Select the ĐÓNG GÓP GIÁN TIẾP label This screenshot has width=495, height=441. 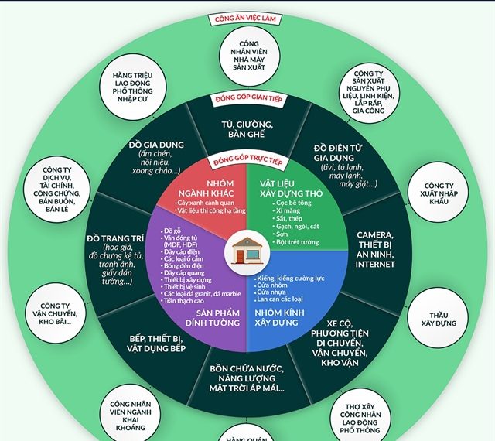coord(247,100)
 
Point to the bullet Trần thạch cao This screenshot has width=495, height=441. coord(188,300)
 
